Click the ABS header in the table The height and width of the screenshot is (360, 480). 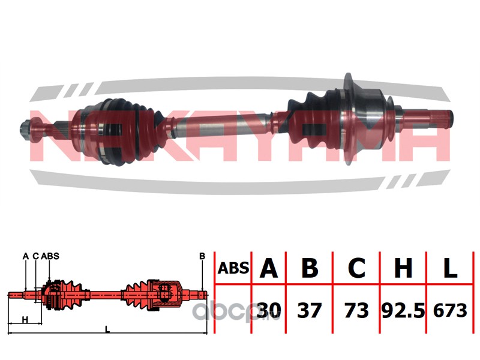tap(233, 268)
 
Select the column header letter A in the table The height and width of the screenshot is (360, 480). tap(268, 268)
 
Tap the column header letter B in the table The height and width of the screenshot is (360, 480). tap(310, 268)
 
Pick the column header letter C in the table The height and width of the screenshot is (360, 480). tap(356, 268)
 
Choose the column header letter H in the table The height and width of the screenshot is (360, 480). tap(403, 268)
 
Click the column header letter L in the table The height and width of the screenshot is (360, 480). tap(450, 268)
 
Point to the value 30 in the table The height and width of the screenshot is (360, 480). tap(268, 310)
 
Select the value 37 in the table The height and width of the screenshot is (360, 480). tap(310, 310)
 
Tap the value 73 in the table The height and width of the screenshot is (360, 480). tap(356, 310)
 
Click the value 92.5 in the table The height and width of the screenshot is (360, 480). tap(403, 310)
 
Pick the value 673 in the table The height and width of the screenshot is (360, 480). tap(450, 310)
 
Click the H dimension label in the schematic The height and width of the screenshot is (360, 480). tap(25, 320)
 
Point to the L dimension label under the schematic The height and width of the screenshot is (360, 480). tap(107, 329)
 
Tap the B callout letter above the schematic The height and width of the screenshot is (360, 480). tap(202, 256)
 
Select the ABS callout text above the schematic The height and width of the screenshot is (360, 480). tap(50, 256)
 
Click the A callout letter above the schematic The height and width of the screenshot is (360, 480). tap(26, 256)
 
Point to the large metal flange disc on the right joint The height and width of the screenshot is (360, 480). tap(348, 118)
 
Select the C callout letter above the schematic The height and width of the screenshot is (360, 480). tap(36, 256)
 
